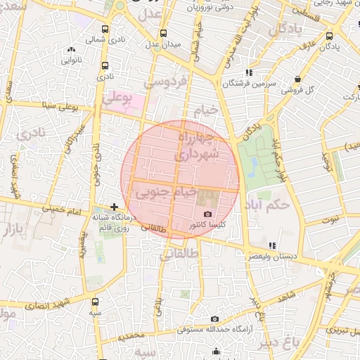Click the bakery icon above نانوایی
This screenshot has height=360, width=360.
point(70,49)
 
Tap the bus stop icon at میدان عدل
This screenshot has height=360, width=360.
point(163,33)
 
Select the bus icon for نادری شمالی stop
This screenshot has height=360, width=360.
point(105,30)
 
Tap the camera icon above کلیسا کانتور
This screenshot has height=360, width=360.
point(207,214)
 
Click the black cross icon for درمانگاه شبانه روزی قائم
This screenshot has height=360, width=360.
point(114,207)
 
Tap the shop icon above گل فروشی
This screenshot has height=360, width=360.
point(299,79)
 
